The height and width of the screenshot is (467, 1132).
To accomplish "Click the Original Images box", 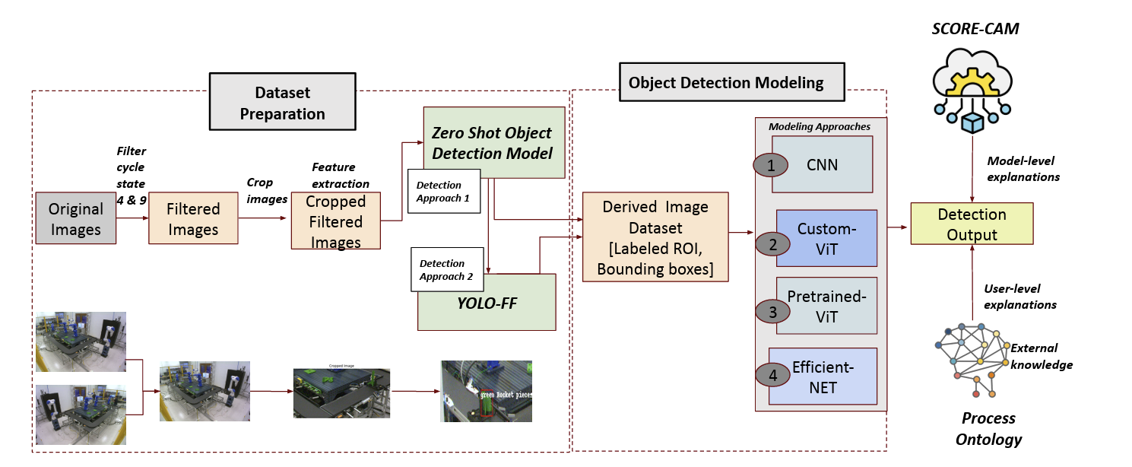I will pyautogui.click(x=76, y=218).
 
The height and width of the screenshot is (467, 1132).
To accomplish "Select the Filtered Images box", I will pyautogui.click(x=193, y=218).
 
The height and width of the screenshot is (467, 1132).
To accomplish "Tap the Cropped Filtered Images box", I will pyautogui.click(x=335, y=221).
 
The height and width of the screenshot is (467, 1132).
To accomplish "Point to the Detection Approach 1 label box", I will pyautogui.click(x=444, y=191).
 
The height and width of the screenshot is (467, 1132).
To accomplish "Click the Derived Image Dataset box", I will pyautogui.click(x=655, y=237).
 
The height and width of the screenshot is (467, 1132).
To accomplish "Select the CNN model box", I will pyautogui.click(x=822, y=164).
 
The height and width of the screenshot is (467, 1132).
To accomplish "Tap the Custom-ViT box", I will pyautogui.click(x=826, y=237).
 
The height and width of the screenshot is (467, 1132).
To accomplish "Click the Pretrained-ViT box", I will pyautogui.click(x=826, y=306).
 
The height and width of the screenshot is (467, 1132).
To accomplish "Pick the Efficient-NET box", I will pyautogui.click(x=823, y=376).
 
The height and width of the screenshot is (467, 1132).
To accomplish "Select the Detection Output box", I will pyautogui.click(x=972, y=224).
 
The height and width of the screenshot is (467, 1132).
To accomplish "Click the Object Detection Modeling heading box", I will pyautogui.click(x=726, y=82).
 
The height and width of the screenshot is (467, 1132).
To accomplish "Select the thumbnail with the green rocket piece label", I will pyautogui.click(x=487, y=391).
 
